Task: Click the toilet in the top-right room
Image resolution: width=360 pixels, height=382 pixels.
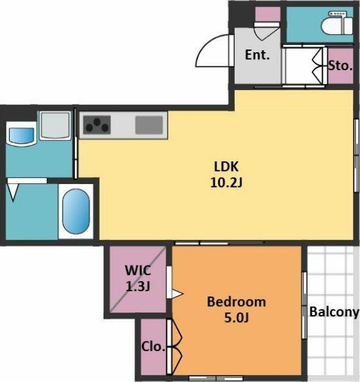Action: (337, 23)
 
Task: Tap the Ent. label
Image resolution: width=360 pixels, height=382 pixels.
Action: (257, 55)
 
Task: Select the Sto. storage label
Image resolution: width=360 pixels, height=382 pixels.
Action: (340, 66)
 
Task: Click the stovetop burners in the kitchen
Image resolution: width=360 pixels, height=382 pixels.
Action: (97, 125)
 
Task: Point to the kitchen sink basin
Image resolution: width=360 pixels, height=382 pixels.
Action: (149, 125)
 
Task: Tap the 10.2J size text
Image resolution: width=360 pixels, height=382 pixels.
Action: (226, 182)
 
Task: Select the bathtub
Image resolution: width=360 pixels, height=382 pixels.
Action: (76, 212)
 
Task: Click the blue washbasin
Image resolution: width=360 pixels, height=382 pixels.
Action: (21, 134)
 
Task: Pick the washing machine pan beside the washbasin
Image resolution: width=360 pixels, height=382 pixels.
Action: (55, 125)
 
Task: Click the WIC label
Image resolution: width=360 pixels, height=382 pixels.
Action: (138, 270)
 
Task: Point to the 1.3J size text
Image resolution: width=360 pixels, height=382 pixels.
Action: (138, 286)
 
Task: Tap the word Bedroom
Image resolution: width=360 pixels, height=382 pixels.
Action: (237, 302)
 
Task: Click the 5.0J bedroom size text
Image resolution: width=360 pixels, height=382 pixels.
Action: (237, 318)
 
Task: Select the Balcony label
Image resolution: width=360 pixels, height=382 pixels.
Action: (334, 312)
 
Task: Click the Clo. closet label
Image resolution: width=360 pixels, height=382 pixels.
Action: (153, 346)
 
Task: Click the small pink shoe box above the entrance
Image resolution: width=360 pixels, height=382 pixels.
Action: (267, 14)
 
